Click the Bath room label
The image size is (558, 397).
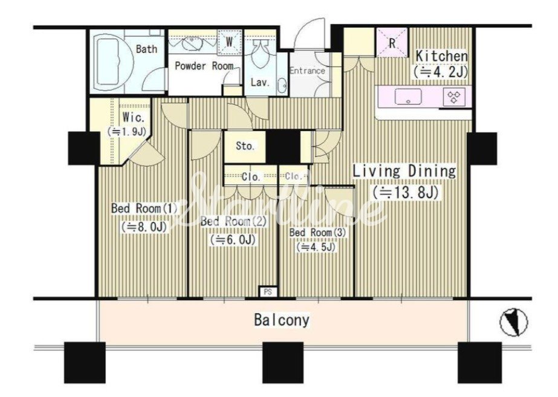(x=147, y=49)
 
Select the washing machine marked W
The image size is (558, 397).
(x=230, y=42)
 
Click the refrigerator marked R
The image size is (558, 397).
(x=392, y=43)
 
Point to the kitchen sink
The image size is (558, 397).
(x=408, y=97)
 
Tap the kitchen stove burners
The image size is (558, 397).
(x=454, y=97)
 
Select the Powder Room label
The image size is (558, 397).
(x=204, y=66)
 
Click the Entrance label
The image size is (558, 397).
(x=308, y=71)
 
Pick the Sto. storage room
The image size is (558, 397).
(x=245, y=146)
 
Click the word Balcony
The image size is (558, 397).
(x=282, y=320)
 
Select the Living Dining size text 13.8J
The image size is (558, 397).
(x=405, y=192)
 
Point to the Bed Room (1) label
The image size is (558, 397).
(x=144, y=208)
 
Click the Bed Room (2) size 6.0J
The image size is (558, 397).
(x=233, y=239)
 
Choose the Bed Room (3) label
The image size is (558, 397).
(x=317, y=233)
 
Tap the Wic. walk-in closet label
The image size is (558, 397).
(x=134, y=117)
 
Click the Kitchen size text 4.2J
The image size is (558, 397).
(x=440, y=73)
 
